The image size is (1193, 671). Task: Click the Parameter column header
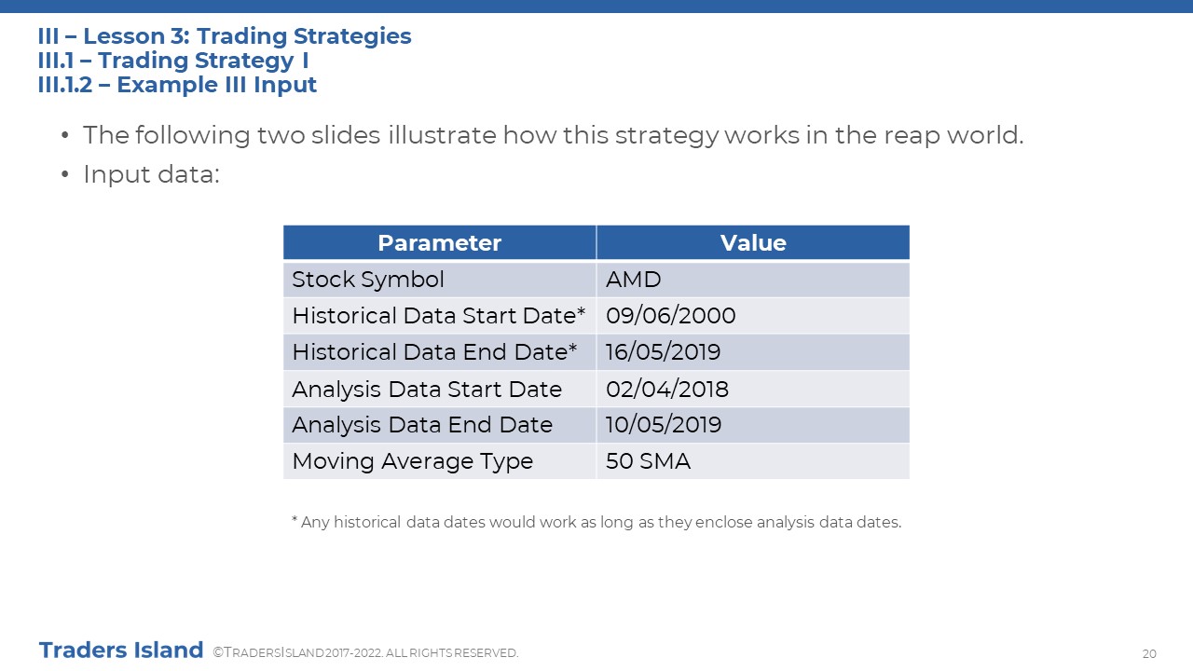(x=439, y=243)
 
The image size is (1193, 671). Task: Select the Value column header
(x=753, y=243)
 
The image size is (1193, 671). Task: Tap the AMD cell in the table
(x=633, y=280)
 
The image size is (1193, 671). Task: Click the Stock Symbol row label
(x=368, y=280)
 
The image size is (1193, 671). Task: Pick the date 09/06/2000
(x=670, y=316)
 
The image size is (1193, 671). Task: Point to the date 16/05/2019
(x=663, y=352)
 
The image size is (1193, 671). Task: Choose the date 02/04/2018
(x=666, y=390)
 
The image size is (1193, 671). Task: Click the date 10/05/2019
(x=664, y=425)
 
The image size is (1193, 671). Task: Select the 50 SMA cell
(x=648, y=461)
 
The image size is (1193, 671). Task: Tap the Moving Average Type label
(x=413, y=461)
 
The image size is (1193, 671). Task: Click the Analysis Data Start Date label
(x=427, y=390)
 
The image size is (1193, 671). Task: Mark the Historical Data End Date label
(x=434, y=352)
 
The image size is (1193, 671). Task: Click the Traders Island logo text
(x=121, y=650)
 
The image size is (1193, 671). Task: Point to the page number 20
(x=1149, y=653)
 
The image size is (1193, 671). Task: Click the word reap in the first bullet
(x=912, y=136)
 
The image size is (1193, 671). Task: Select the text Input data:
(x=151, y=174)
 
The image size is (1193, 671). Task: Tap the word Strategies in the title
(x=352, y=36)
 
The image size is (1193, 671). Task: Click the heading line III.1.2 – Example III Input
(x=177, y=85)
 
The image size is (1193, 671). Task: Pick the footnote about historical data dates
(x=596, y=522)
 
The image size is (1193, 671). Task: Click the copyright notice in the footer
(x=365, y=653)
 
